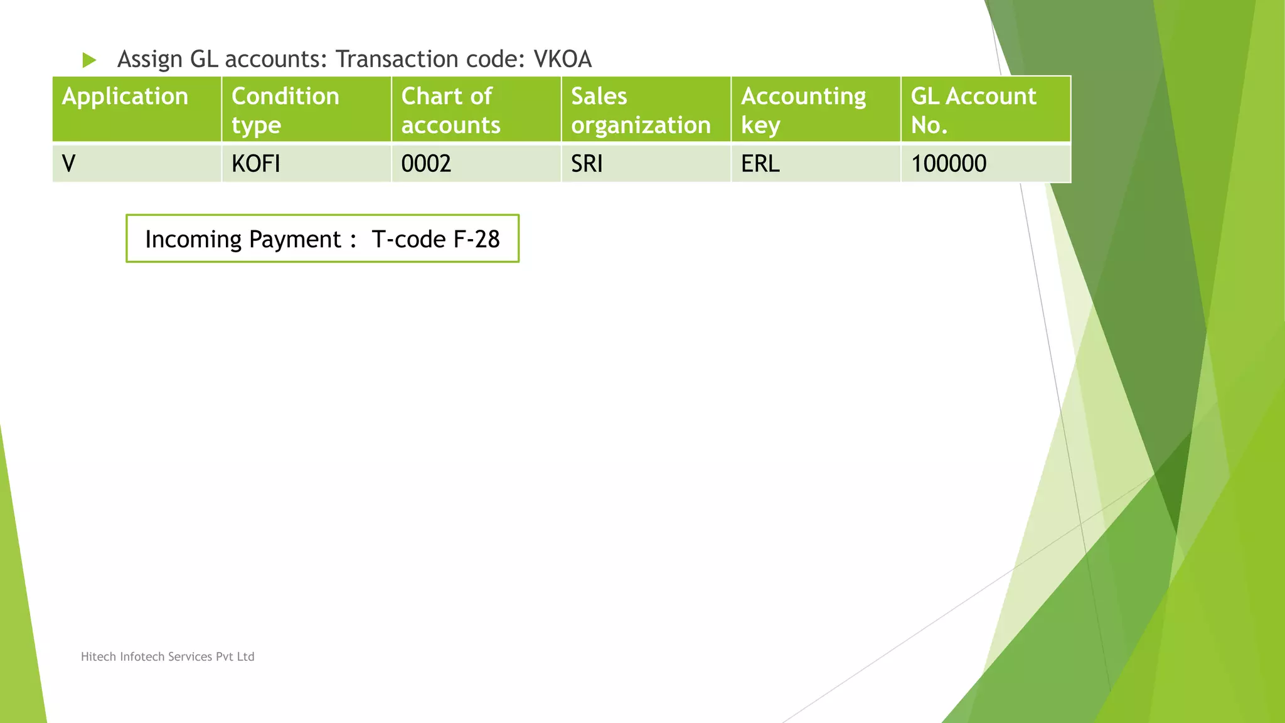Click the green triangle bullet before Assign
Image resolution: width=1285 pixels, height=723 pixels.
coord(89,60)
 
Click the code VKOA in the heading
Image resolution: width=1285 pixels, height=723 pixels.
coord(562,60)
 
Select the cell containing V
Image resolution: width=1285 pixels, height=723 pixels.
coord(137,164)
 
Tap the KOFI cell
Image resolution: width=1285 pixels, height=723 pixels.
coord(306,164)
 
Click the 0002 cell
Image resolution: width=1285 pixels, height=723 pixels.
coord(476,164)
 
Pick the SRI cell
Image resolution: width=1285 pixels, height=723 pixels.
coord(646,164)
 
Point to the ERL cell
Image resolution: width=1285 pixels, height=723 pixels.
coord(816,164)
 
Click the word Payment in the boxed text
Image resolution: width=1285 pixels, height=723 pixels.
coord(295,239)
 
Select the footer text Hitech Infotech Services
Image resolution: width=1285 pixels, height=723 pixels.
coord(168,656)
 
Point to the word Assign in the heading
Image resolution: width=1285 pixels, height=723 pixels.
coord(150,60)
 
